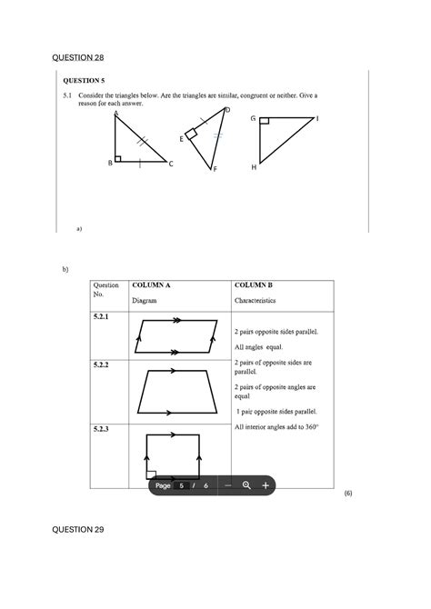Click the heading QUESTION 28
[79, 58]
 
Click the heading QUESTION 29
[79, 528]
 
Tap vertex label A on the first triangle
[116, 113]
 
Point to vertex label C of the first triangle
[170, 164]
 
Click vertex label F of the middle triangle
[215, 169]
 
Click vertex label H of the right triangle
[254, 167]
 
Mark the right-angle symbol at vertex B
[118, 158]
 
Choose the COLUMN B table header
[254, 285]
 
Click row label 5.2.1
[100, 315]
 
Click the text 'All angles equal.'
[259, 347]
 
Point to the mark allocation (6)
[347, 492]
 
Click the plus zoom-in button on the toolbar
[265, 485]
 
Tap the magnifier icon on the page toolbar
[246, 485]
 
